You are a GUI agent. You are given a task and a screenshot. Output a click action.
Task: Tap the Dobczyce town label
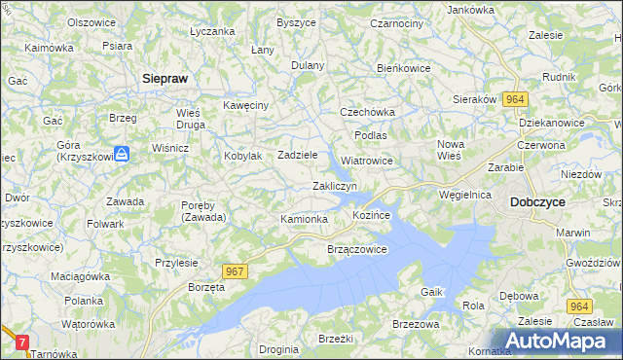(537, 201)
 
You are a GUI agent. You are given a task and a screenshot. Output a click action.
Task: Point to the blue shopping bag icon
(122, 154)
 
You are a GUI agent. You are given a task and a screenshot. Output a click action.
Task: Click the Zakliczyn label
(335, 185)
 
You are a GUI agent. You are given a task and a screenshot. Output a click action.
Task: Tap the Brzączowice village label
(357, 249)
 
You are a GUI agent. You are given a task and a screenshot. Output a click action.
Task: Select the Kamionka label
(304, 220)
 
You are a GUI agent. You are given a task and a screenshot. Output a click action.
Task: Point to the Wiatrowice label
(367, 161)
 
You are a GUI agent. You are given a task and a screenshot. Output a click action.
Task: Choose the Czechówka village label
(365, 112)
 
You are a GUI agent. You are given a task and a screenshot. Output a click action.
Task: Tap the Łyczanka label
(213, 31)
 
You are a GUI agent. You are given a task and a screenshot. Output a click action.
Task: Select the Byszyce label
(295, 21)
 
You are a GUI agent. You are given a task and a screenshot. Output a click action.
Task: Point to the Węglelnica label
(465, 195)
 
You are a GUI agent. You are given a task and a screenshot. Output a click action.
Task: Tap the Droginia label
(279, 348)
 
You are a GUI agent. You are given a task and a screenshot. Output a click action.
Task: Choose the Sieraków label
(476, 98)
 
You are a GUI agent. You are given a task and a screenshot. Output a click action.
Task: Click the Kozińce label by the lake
(371, 213)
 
